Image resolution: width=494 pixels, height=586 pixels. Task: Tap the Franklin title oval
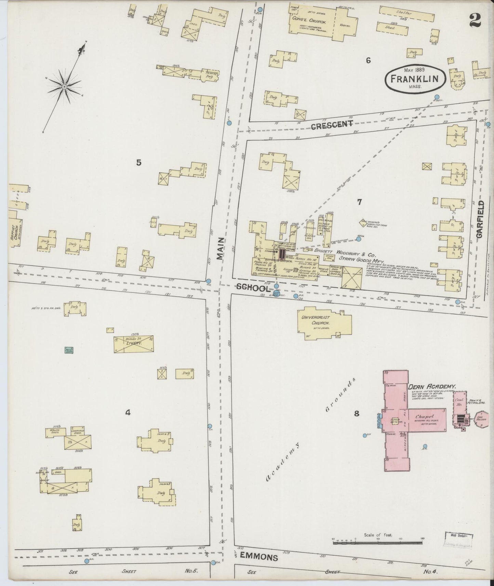tap(415, 79)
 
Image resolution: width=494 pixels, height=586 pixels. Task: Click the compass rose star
tap(64, 86)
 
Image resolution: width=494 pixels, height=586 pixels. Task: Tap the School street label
tap(253, 288)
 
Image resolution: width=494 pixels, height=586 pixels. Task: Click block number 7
tap(359, 202)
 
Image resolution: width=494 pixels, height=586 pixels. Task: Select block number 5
tap(138, 162)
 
